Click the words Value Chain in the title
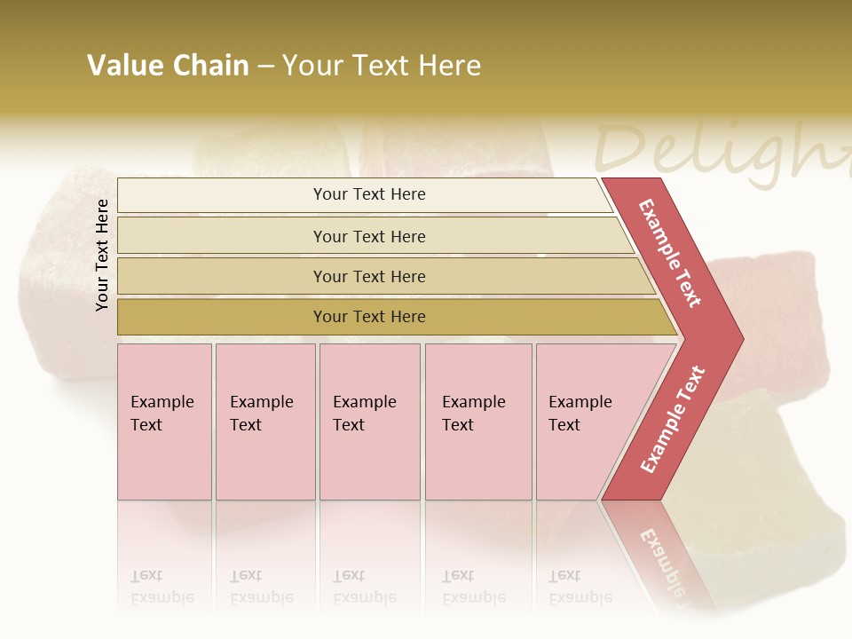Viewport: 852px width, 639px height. pyautogui.click(x=168, y=66)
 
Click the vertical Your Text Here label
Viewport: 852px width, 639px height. pyautogui.click(x=102, y=255)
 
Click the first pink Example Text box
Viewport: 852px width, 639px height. pyautogui.click(x=164, y=422)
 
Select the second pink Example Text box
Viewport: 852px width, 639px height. pyautogui.click(x=264, y=422)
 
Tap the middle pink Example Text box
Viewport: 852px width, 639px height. pyautogui.click(x=369, y=422)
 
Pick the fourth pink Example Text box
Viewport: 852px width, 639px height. pyautogui.click(x=477, y=422)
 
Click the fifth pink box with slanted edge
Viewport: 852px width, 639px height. pyautogui.click(x=586, y=422)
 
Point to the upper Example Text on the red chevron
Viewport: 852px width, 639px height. pyautogui.click(x=670, y=253)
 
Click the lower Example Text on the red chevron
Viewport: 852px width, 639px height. pyautogui.click(x=672, y=420)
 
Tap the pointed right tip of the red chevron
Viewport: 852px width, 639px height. pyautogui.click(x=738, y=338)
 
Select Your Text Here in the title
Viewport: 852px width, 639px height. pyautogui.click(x=382, y=66)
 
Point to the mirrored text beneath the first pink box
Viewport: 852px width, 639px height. pyautogui.click(x=162, y=587)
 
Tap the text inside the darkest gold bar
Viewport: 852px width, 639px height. pyautogui.click(x=369, y=317)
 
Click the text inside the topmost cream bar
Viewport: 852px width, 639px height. pyautogui.click(x=369, y=194)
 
